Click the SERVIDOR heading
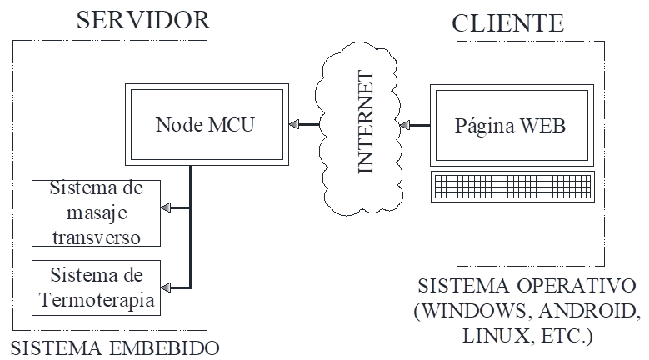(143, 20)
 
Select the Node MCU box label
(205, 125)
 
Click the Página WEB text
(511, 126)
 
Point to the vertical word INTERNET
(365, 126)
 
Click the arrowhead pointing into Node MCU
(295, 125)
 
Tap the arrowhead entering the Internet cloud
(405, 126)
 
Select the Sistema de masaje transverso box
(96, 212)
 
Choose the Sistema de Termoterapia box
(96, 287)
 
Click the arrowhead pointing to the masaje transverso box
(166, 207)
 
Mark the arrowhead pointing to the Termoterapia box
(166, 287)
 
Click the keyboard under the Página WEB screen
(512, 186)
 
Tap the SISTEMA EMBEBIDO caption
(116, 347)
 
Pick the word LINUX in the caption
(487, 337)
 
